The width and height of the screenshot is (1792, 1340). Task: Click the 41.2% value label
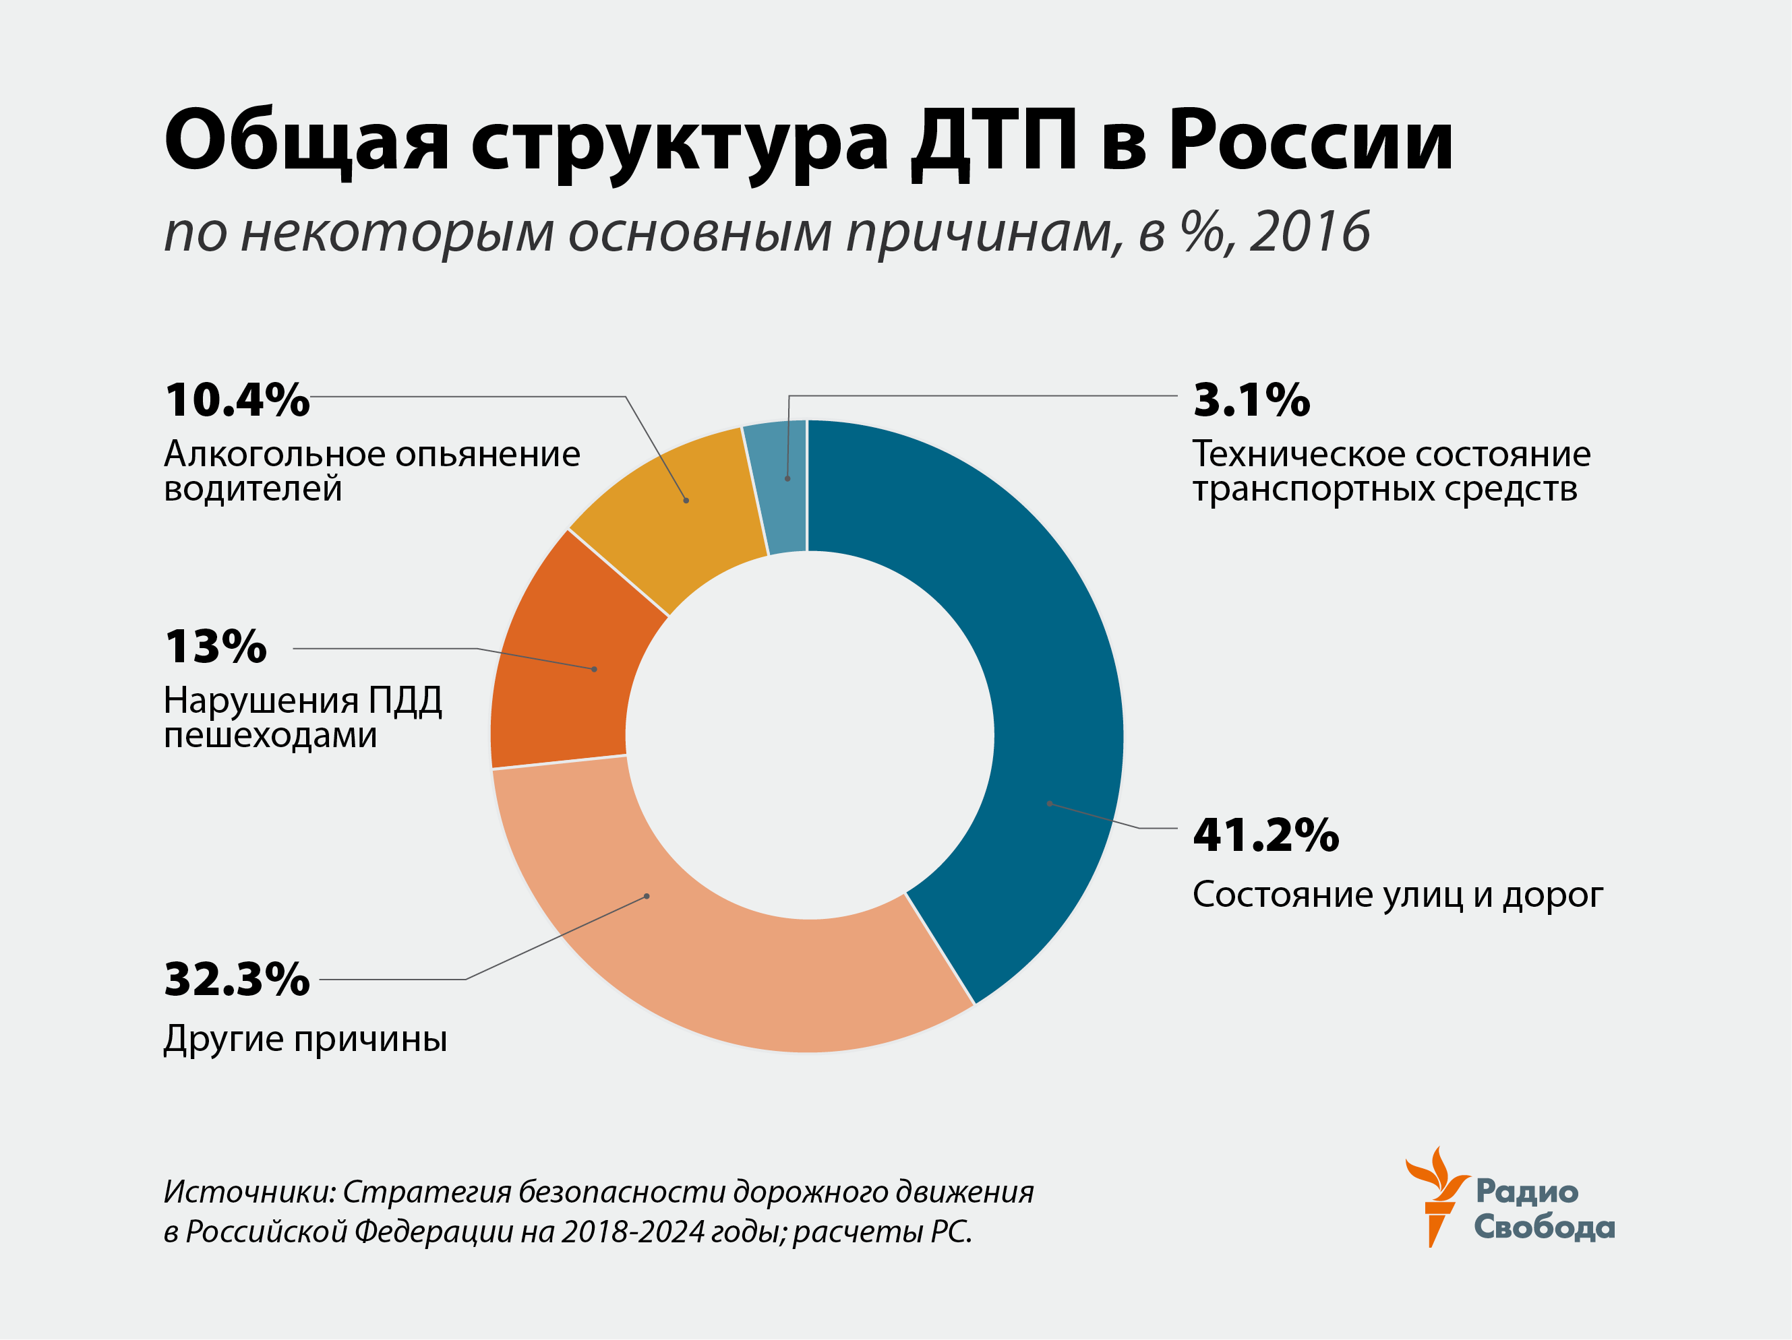1265,835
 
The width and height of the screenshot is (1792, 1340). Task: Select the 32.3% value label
237,979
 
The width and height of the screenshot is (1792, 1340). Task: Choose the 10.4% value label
237,400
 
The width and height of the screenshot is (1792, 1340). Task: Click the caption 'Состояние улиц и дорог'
1398,895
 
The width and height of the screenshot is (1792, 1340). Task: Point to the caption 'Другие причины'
305,1039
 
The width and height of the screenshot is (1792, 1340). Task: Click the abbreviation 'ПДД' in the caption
405,701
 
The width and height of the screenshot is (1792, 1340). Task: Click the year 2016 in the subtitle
1309,232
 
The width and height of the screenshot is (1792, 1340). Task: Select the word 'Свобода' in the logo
1544,1227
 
